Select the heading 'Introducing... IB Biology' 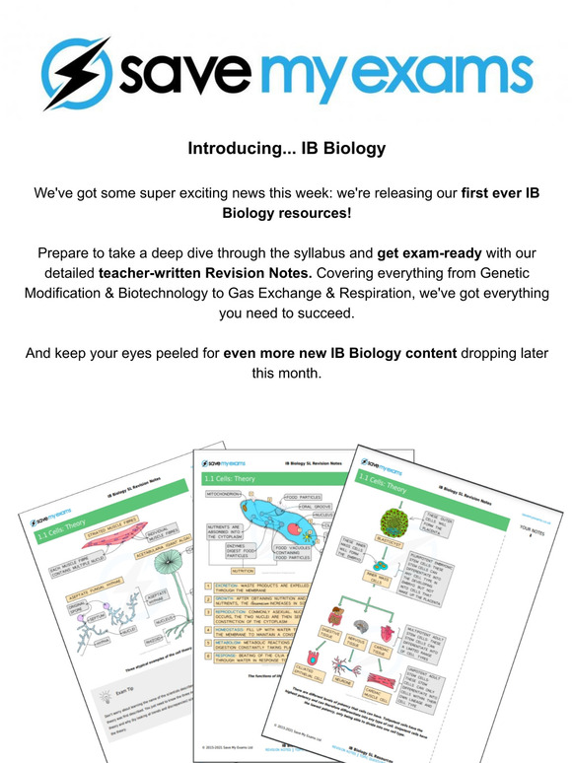point(286,150)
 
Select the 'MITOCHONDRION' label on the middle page point(226,495)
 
